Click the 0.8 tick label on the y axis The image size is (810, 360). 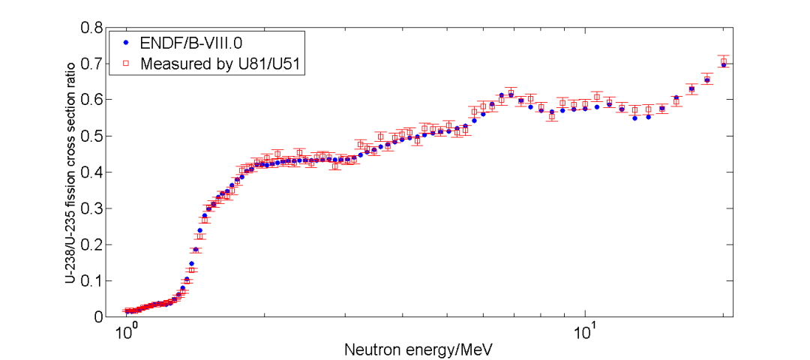92,28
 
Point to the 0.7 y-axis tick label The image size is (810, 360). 92,64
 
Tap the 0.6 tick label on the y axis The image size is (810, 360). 92,100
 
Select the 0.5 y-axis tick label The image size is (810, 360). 92,136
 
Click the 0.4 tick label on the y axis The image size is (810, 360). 92,172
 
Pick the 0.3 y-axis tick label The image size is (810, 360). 92,208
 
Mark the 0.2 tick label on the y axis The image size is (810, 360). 92,244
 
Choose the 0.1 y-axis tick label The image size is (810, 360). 92,281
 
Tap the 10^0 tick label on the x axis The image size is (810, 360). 126,330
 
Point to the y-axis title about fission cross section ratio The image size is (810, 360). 70,172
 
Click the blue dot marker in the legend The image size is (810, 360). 126,43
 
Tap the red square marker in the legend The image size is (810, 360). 126,64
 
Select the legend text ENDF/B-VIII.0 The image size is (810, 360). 189,43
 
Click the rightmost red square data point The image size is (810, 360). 724,61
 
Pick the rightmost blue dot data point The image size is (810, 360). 724,64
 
